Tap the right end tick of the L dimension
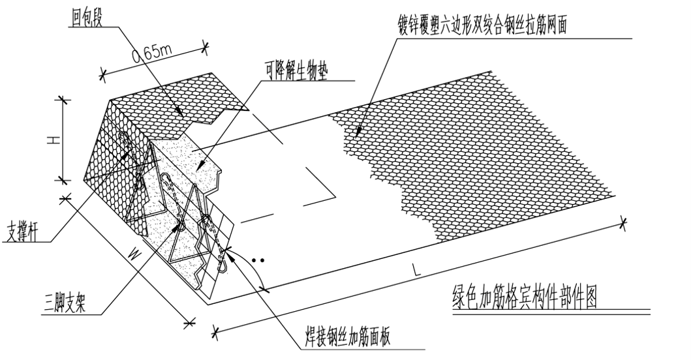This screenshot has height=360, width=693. (623, 224)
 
